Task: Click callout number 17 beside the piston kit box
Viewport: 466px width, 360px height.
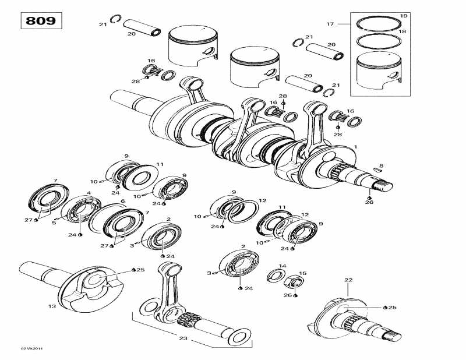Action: [330, 24]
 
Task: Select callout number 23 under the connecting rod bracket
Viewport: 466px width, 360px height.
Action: [184, 338]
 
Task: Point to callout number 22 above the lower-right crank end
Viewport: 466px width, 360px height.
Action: [348, 280]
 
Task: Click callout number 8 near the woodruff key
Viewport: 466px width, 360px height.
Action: [381, 166]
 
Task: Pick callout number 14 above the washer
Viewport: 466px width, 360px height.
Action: [282, 266]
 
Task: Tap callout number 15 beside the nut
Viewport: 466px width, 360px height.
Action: [302, 273]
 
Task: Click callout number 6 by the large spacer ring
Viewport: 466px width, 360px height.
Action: [122, 201]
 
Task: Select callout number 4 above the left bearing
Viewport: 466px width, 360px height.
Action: [89, 193]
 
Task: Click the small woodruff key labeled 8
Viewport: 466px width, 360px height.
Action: [376, 172]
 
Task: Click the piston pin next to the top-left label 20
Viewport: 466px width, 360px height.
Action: [144, 29]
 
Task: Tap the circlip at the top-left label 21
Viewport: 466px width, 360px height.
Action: [115, 20]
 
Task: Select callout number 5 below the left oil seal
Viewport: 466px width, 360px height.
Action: [54, 222]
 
